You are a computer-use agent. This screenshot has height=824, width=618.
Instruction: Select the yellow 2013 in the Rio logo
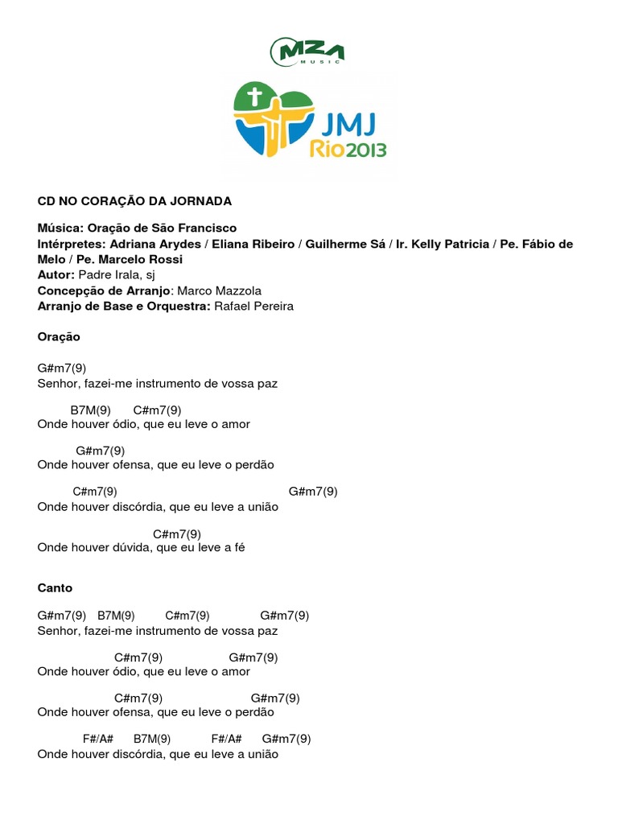[x=363, y=149]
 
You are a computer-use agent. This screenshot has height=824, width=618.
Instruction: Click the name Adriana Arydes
[x=150, y=244]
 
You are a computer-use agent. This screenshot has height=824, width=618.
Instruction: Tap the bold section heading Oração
[x=59, y=337]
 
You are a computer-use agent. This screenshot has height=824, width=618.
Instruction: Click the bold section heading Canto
[x=55, y=588]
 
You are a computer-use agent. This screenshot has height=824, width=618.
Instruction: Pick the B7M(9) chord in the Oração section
[x=90, y=409]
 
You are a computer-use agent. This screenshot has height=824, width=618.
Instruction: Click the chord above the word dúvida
[x=176, y=534]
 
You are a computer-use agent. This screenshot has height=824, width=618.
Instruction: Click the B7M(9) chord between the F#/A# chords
[x=152, y=739]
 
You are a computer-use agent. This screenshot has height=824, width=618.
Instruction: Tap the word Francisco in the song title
[x=204, y=229]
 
